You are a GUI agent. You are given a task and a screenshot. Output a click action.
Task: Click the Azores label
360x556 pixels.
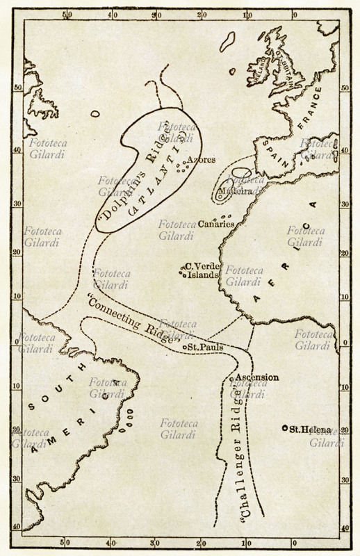tap(202, 160)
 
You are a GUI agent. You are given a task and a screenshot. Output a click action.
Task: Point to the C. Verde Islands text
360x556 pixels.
tap(203, 270)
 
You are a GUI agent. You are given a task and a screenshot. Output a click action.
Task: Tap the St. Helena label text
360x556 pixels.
tap(312, 429)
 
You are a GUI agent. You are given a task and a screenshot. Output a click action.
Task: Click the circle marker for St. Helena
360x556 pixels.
tap(285, 429)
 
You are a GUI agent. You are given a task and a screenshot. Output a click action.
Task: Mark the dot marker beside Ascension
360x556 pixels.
tap(231, 379)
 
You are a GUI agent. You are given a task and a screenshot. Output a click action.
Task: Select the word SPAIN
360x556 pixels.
tap(273, 149)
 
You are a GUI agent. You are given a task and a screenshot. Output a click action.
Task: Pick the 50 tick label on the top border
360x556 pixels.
tap(67, 14)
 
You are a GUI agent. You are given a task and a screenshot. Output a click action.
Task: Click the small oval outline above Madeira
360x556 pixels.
tap(240, 172)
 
